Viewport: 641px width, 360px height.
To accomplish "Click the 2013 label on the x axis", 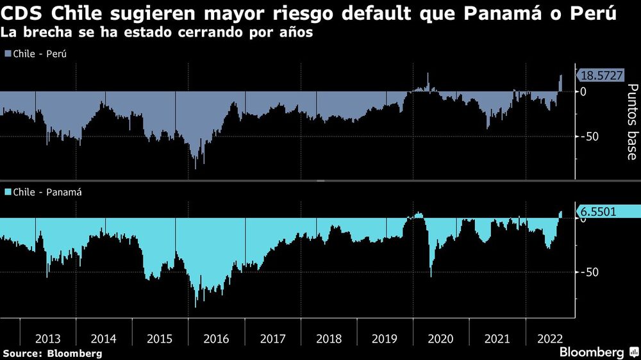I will [48, 338].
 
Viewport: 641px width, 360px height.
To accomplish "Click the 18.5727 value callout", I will [601, 76].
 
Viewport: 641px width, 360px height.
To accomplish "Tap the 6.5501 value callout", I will [601, 211].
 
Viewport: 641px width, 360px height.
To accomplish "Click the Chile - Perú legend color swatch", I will [8, 54].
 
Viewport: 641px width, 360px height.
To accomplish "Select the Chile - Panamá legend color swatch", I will [8, 192].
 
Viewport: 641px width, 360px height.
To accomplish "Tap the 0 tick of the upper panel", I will [583, 92].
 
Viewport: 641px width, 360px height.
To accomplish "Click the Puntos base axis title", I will [631, 122].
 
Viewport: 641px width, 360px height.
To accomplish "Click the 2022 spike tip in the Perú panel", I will [561, 76].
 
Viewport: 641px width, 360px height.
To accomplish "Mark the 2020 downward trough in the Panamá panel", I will [431, 276].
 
